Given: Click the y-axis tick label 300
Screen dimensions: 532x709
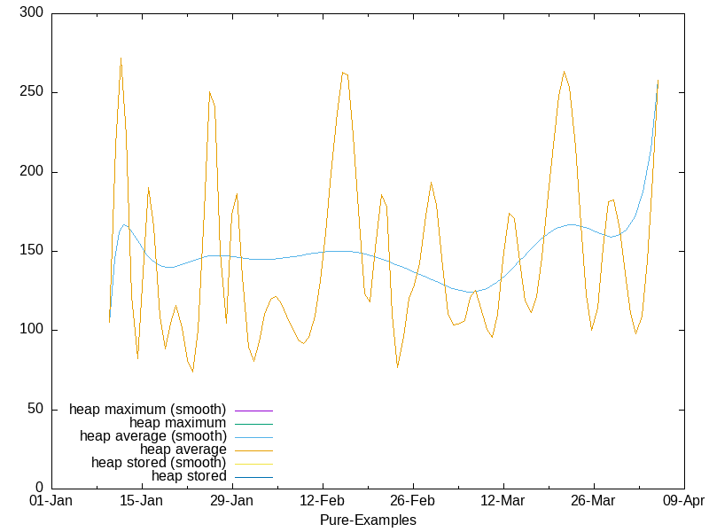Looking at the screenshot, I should [x=33, y=14].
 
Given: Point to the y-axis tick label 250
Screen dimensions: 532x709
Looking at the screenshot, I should [x=33, y=93].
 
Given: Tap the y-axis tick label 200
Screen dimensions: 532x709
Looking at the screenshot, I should [x=33, y=172].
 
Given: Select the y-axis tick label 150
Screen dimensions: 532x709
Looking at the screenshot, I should [x=33, y=251].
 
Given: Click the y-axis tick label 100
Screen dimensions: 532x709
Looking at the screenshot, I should [x=33, y=330].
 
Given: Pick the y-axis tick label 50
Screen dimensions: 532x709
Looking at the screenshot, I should [x=36, y=409].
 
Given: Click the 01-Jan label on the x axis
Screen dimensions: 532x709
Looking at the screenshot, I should [x=51, y=501].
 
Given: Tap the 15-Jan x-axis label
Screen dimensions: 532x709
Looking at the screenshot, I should [x=142, y=501].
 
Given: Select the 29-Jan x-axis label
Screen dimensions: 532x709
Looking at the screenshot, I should [x=232, y=501].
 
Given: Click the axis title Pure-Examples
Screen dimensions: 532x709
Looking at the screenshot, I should [x=368, y=520].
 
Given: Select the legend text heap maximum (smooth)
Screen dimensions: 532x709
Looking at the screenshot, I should [x=147, y=410].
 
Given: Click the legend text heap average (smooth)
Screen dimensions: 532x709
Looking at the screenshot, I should [x=152, y=436].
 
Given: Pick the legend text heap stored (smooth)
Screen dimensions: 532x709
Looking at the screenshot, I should [x=159, y=463].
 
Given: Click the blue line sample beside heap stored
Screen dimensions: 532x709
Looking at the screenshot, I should [x=252, y=477].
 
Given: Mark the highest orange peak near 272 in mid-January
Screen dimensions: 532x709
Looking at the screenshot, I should [x=121, y=59].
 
